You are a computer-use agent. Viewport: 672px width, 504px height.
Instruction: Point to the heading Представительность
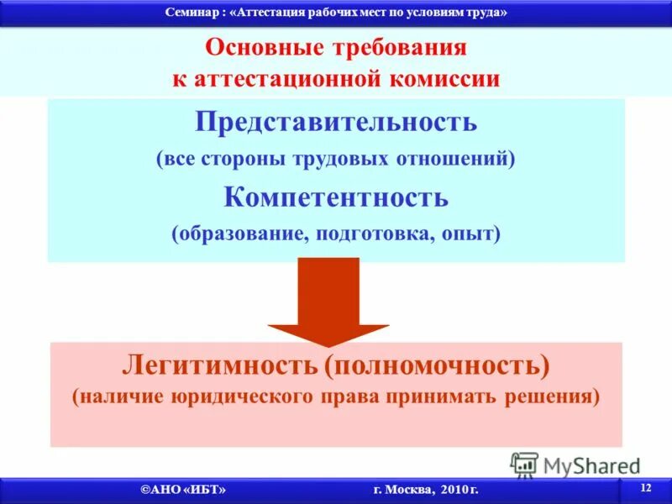pyautogui.click(x=336, y=122)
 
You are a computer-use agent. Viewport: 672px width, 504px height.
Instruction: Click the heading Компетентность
pyautogui.click(x=336, y=197)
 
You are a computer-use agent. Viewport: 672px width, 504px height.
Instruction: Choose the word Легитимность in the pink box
pyautogui.click(x=220, y=365)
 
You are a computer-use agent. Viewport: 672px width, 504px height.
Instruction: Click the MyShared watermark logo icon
pyautogui.click(x=524, y=465)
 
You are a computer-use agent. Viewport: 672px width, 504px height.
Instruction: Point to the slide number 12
pyautogui.click(x=645, y=488)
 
